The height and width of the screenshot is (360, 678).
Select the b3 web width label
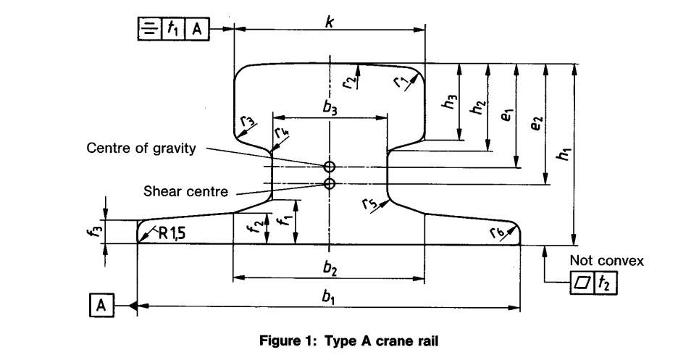click(x=330, y=107)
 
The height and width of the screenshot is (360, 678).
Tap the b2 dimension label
click(x=330, y=267)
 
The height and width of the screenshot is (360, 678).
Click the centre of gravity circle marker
click(x=330, y=167)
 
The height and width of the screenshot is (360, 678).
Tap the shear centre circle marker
click(x=330, y=184)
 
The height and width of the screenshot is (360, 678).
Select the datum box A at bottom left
click(x=102, y=306)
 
